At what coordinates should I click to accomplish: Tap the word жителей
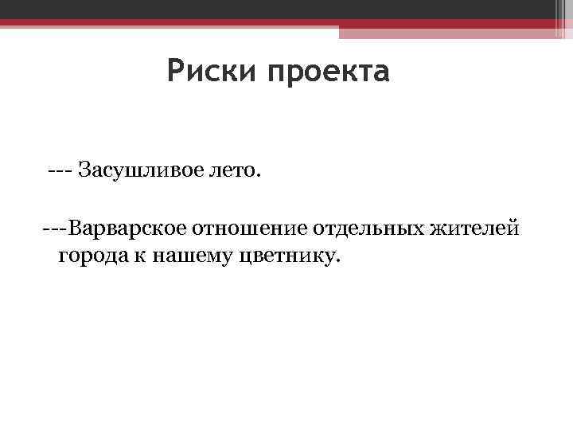pyautogui.click(x=475, y=229)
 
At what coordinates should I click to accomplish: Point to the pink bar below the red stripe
pyautogui.click(x=446, y=32)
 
